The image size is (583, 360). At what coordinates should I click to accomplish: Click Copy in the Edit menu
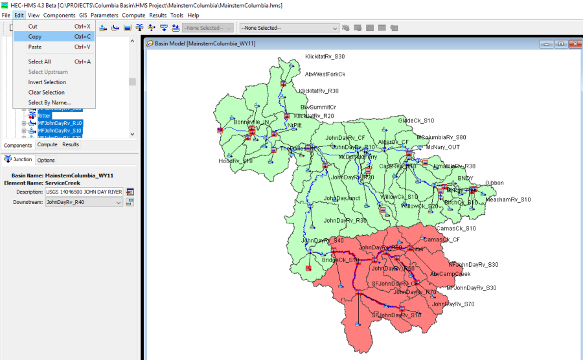(35, 37)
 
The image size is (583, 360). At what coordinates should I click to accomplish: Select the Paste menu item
(35, 47)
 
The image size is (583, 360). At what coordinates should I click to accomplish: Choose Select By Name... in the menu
(49, 103)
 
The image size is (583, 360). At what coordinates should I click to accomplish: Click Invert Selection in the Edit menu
(47, 82)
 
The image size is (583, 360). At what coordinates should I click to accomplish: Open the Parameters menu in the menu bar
(104, 15)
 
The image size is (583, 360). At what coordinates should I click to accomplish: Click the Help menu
(193, 15)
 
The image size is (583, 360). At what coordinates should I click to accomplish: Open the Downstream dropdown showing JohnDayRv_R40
(84, 203)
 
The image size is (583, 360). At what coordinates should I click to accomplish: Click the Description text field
(84, 192)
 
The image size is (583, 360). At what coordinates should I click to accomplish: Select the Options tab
(45, 160)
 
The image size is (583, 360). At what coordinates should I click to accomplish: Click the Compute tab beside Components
(47, 145)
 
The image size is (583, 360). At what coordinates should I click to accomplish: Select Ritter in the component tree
(44, 116)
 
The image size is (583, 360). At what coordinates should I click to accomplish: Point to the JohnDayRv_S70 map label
(453, 304)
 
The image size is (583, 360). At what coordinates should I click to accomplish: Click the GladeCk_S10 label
(416, 120)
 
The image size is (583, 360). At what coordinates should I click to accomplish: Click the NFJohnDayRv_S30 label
(474, 264)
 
